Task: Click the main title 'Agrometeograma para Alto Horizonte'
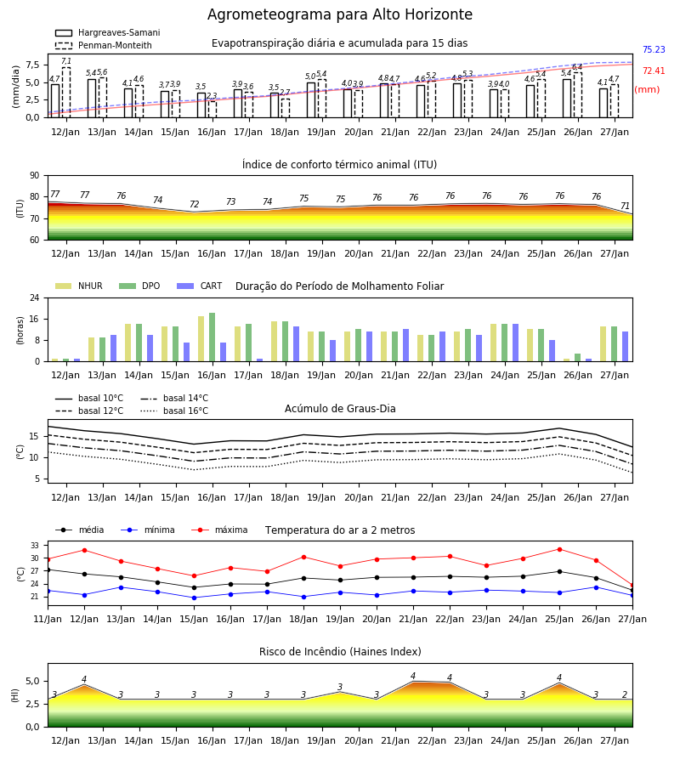point(339,14)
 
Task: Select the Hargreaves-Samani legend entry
point(107,32)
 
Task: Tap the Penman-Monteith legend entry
point(104,45)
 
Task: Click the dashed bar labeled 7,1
point(65,92)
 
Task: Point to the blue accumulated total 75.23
point(654,50)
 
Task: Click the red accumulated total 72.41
point(654,71)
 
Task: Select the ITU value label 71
point(625,207)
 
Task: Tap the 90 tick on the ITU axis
point(35,176)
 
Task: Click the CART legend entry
point(199,286)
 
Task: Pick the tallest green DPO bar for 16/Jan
point(212,337)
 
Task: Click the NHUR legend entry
point(78,286)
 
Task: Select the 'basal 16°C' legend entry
point(174,411)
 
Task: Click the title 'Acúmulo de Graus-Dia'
point(340,409)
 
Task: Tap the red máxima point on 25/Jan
point(559,549)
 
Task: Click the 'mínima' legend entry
point(148,530)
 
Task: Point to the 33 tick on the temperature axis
point(35,545)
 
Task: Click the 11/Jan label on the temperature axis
point(48,619)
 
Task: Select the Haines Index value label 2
point(625,694)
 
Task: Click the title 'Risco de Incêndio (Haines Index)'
point(340,652)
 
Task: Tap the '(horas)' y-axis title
point(20,331)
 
